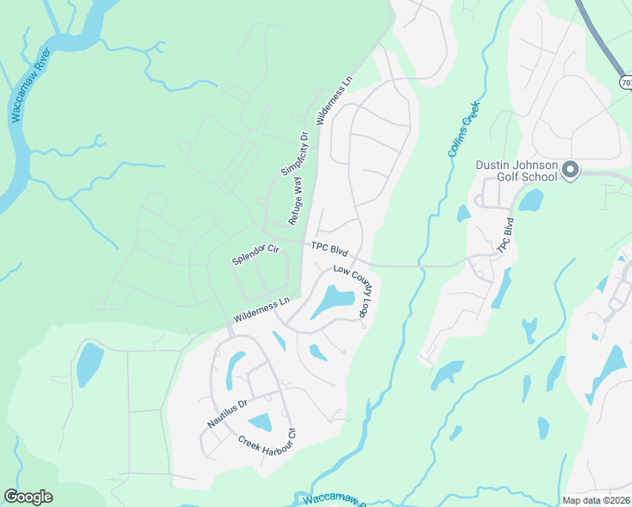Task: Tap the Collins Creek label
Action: [x=463, y=128]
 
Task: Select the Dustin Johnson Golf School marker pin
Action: [x=570, y=171]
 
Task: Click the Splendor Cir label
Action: [x=255, y=255]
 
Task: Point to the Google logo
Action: [x=28, y=497]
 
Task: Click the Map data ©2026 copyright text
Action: [x=596, y=500]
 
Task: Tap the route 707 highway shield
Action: [x=625, y=82]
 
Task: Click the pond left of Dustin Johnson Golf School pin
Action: [x=530, y=200]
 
